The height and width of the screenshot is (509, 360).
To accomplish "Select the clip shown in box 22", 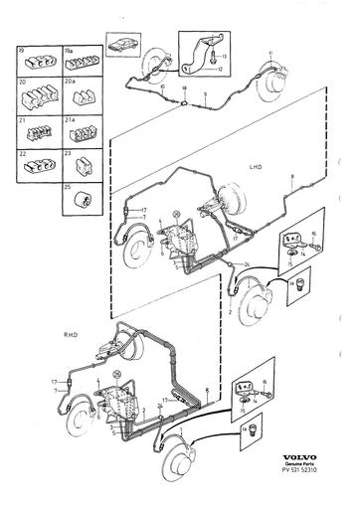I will [37, 164].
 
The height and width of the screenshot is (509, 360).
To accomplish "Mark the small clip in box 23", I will [78, 165].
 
